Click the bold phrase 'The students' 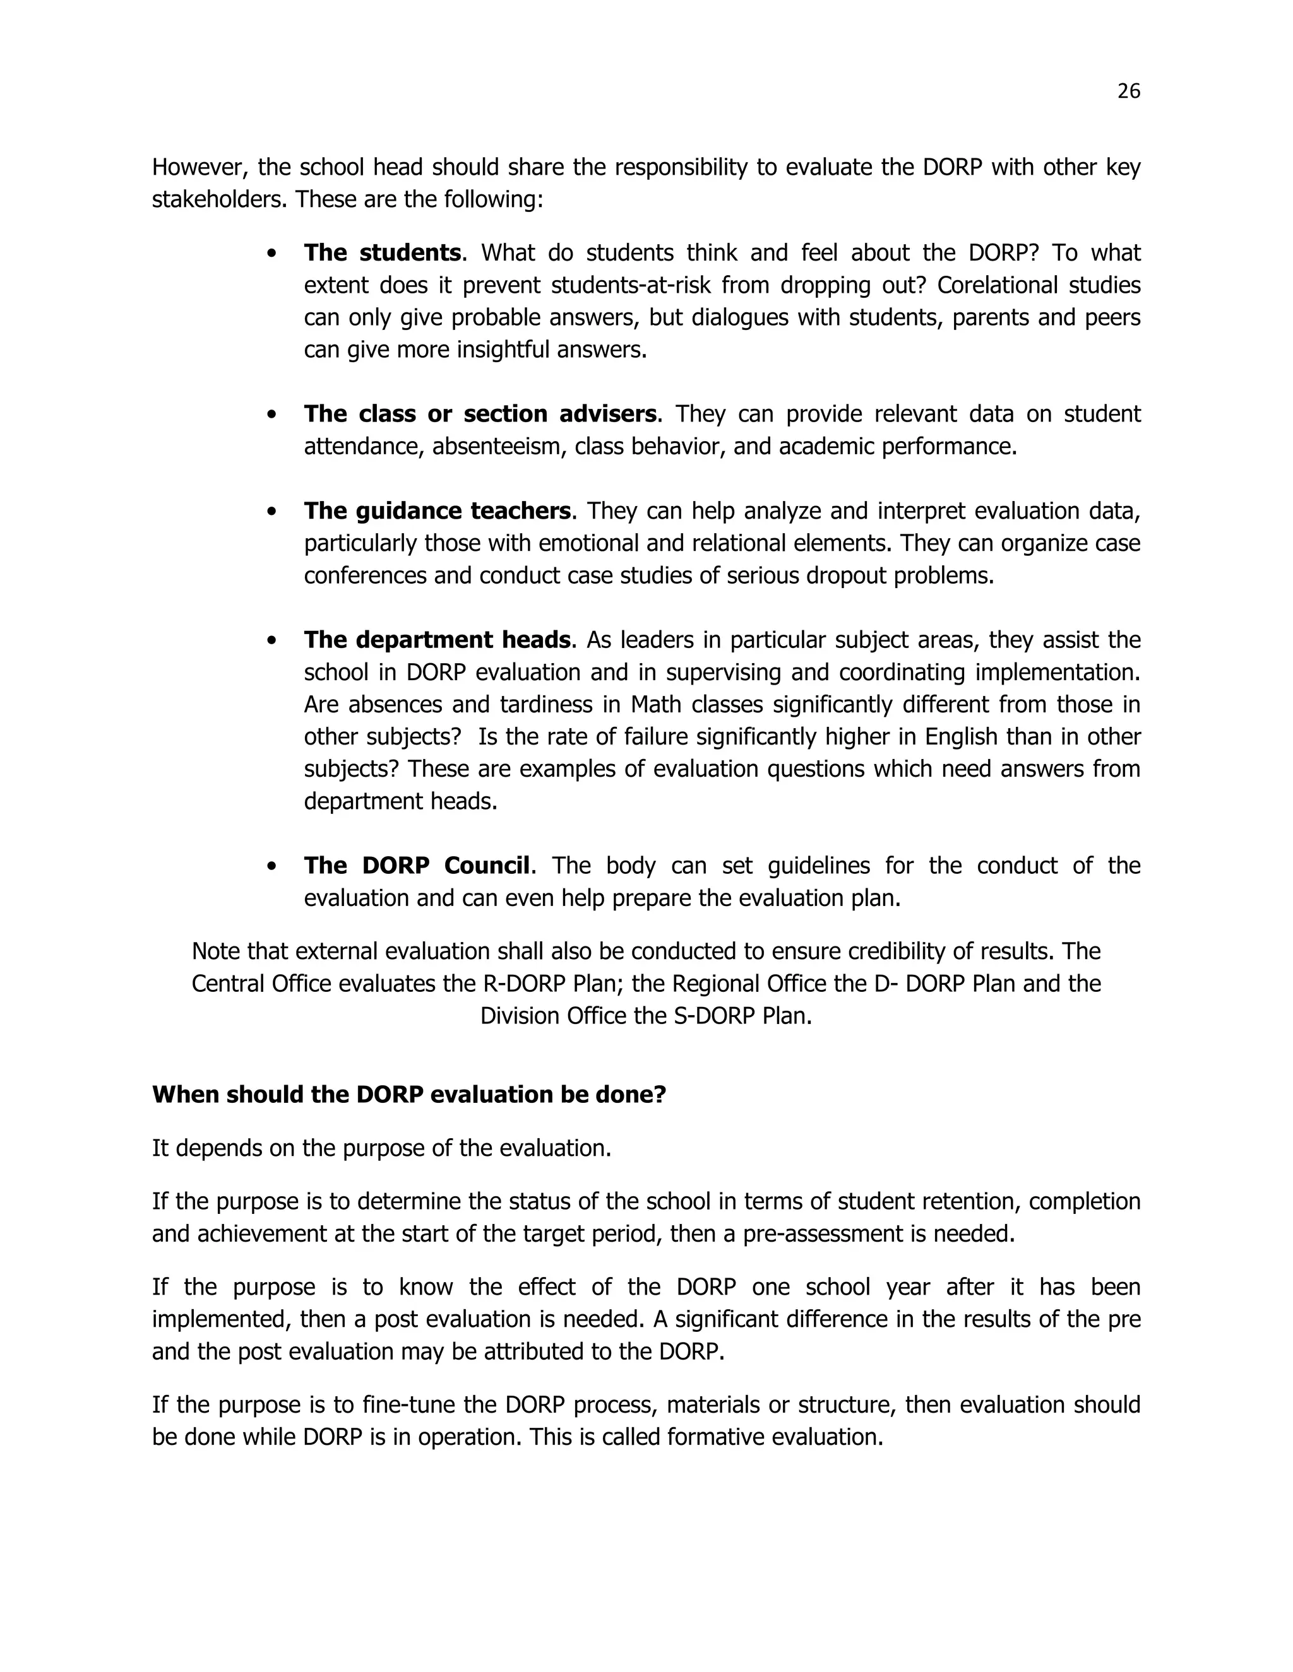[x=381, y=252]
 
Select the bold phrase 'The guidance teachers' [x=437, y=510]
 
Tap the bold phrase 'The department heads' [x=437, y=639]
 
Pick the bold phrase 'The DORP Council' [x=417, y=865]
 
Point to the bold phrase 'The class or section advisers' [x=480, y=413]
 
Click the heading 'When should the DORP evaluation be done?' [x=409, y=1094]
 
